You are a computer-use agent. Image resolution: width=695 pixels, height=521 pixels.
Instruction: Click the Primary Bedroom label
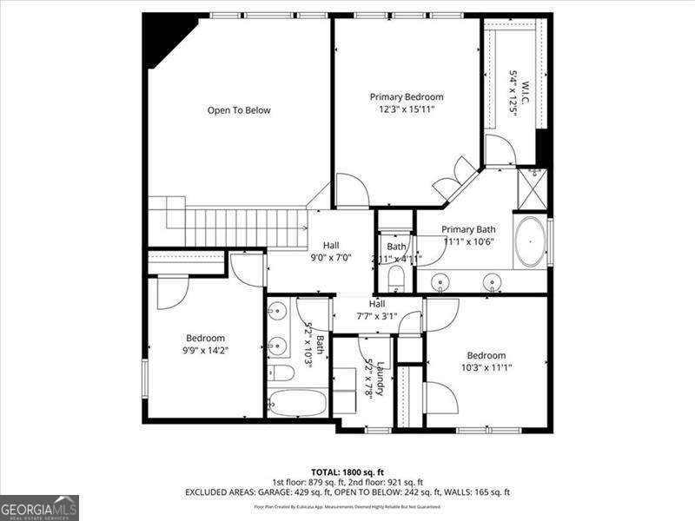[x=407, y=97]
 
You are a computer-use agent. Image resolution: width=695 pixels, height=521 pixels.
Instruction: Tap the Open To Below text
[x=239, y=110]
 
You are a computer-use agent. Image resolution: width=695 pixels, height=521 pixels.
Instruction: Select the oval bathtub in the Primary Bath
[x=530, y=241]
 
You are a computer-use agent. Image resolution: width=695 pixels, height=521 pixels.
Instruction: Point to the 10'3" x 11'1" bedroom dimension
[x=486, y=367]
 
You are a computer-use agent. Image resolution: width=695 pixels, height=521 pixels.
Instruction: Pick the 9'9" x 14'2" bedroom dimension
[x=205, y=350]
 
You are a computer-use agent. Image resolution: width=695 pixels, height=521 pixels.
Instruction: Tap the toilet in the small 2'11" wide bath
[x=395, y=277]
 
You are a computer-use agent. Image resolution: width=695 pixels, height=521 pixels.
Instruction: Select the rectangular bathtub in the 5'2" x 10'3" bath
[x=297, y=403]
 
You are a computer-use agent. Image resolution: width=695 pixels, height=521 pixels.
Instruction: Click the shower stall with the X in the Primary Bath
[x=531, y=186]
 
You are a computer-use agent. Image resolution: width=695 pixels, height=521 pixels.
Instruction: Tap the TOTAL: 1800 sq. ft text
[x=347, y=472]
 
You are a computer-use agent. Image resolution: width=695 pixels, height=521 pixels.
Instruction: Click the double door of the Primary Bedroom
[x=457, y=181]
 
